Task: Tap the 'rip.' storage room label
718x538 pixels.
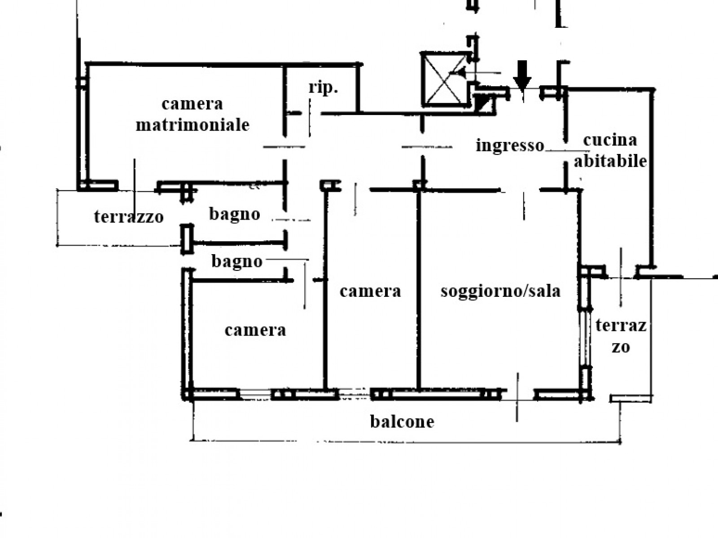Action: [x=323, y=88]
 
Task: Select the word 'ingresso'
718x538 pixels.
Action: [x=510, y=146]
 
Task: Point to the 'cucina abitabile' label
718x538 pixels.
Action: [x=610, y=150]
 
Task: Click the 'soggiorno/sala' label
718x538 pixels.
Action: [x=501, y=291]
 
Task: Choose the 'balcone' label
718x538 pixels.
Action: [x=402, y=421]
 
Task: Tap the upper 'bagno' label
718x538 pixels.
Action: [x=235, y=214]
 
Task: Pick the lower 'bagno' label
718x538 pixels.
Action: [x=237, y=261]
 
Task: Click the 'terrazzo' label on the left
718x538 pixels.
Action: [x=129, y=217]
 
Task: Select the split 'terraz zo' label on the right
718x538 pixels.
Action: [x=621, y=335]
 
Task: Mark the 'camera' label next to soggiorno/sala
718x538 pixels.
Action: [x=370, y=291]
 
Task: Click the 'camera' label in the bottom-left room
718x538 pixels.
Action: [x=255, y=331]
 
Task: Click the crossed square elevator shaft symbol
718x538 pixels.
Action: [x=443, y=79]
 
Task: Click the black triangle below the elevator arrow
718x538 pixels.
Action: [x=484, y=104]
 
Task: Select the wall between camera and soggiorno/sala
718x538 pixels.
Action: [x=419, y=287]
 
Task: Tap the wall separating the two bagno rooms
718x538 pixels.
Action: [x=238, y=243]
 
